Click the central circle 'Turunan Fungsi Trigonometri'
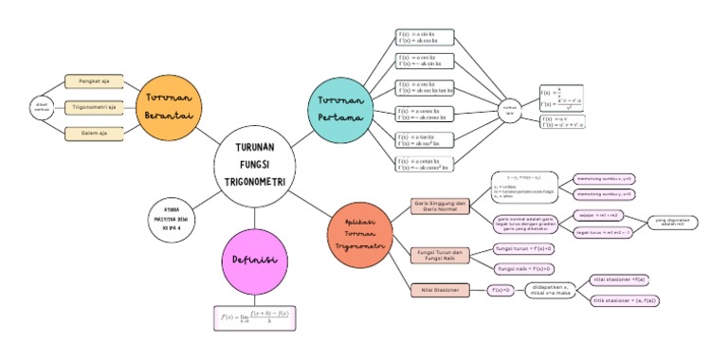254,163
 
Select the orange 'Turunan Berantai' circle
170,105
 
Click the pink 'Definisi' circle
254,260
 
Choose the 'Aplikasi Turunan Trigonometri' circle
358,232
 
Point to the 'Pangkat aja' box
92,81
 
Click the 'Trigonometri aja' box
92,107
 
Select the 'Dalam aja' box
92,134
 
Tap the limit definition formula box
255,316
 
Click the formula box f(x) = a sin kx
425,37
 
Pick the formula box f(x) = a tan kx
425,140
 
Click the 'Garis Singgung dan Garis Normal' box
440,206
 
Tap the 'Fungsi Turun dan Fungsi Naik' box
440,255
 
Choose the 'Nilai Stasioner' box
440,289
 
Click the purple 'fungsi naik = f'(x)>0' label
525,269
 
